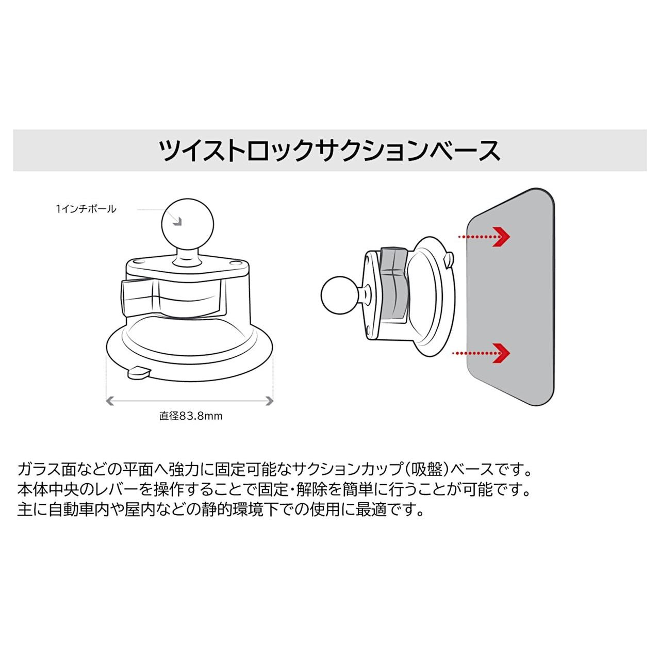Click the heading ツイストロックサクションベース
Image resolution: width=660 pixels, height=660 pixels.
(x=330, y=151)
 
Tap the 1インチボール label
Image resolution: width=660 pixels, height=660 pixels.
(x=86, y=209)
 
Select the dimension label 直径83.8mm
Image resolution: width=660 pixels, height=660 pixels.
(x=191, y=416)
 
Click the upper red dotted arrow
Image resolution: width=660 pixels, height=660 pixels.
(x=484, y=236)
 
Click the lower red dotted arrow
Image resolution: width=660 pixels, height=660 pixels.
(x=481, y=353)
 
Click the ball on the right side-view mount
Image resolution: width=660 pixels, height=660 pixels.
(x=339, y=294)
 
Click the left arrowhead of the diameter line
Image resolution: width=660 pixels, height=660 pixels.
(x=110, y=401)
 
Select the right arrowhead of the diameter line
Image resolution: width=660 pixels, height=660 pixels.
(x=270, y=401)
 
